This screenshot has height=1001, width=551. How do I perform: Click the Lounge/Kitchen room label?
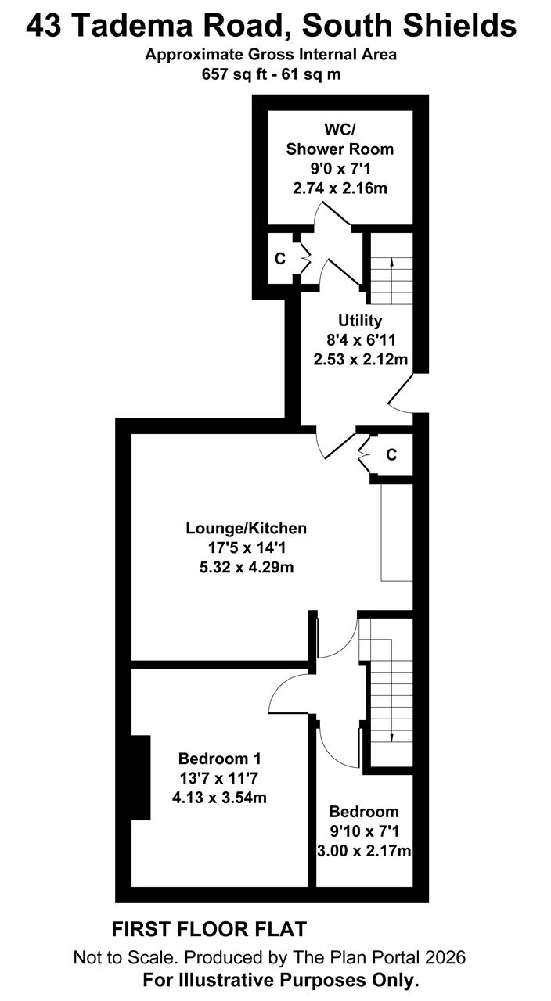[247, 528]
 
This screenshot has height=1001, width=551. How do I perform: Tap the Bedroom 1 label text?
[220, 759]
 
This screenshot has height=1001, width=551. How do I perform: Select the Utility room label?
[360, 321]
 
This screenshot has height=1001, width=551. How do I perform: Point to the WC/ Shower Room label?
[340, 139]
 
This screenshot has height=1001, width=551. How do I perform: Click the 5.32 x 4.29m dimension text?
[247, 567]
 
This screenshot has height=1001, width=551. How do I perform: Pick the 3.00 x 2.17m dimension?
[364, 850]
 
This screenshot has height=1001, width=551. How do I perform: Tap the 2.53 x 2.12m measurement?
[361, 359]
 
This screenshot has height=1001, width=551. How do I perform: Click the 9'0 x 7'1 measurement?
[340, 169]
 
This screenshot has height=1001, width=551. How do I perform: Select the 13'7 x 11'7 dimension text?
[219, 778]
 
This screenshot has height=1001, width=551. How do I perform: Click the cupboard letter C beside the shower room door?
[280, 258]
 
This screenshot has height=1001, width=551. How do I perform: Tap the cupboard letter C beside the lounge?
[391, 454]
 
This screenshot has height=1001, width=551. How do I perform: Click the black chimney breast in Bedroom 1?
[141, 777]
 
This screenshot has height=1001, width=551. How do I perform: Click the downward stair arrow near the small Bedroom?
[392, 691]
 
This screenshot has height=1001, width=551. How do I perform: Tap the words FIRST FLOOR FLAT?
[209, 929]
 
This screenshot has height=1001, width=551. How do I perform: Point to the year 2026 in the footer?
[445, 957]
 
